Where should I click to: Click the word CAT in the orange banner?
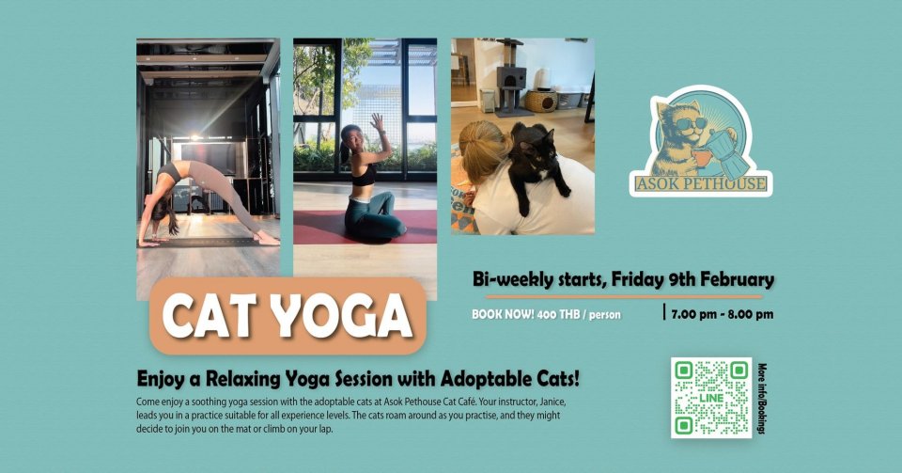210,316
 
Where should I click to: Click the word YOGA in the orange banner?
342,316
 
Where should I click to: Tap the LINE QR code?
711,398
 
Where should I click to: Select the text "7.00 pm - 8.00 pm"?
722,314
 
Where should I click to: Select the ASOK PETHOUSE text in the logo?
701,184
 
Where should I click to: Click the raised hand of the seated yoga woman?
377,121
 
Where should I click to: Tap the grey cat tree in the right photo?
510,78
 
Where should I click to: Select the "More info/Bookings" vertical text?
762,398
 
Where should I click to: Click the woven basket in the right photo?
540,102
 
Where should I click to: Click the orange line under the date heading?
624,297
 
